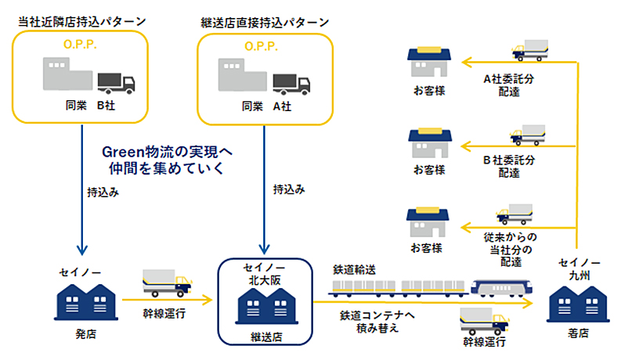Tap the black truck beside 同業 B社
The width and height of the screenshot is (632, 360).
click(x=115, y=81)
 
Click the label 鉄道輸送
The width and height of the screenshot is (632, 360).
click(x=354, y=269)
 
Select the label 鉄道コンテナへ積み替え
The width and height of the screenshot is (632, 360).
click(x=369, y=322)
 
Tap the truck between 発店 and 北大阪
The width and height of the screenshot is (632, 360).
click(x=166, y=283)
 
